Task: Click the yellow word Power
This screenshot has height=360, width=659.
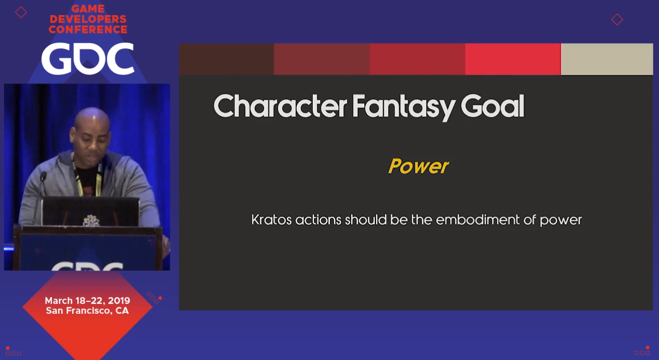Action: tap(418, 167)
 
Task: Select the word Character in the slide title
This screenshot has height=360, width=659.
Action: tap(280, 106)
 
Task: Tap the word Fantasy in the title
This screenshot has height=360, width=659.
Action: tap(403, 107)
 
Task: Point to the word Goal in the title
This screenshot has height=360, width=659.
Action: tap(493, 106)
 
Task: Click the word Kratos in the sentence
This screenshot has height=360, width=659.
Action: tap(271, 220)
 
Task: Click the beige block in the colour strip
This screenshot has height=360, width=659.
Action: tap(607, 59)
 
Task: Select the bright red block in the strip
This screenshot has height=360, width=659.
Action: tap(513, 59)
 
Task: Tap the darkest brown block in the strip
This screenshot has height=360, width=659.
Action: tap(227, 59)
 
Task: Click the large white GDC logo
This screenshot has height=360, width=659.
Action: tap(88, 58)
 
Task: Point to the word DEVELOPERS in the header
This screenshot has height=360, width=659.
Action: tap(88, 19)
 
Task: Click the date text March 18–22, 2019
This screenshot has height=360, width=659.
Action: tap(88, 300)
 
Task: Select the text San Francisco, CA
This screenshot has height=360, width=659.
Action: tap(88, 311)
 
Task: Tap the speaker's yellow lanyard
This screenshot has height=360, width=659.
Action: tap(88, 181)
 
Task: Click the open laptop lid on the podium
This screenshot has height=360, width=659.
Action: tap(90, 211)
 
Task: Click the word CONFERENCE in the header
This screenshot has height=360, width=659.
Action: tap(88, 30)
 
